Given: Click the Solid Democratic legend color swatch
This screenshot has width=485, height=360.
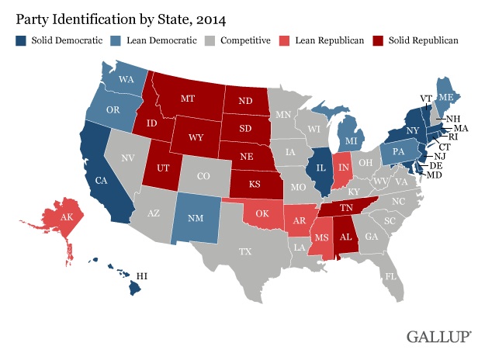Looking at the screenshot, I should pos(19,40).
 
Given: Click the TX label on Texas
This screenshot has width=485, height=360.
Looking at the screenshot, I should pos(246,252).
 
